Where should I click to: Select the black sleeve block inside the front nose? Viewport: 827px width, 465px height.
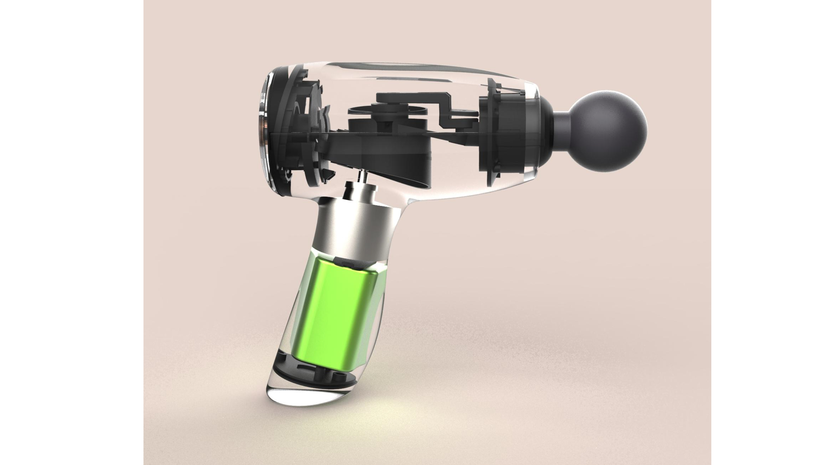[510, 135]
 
